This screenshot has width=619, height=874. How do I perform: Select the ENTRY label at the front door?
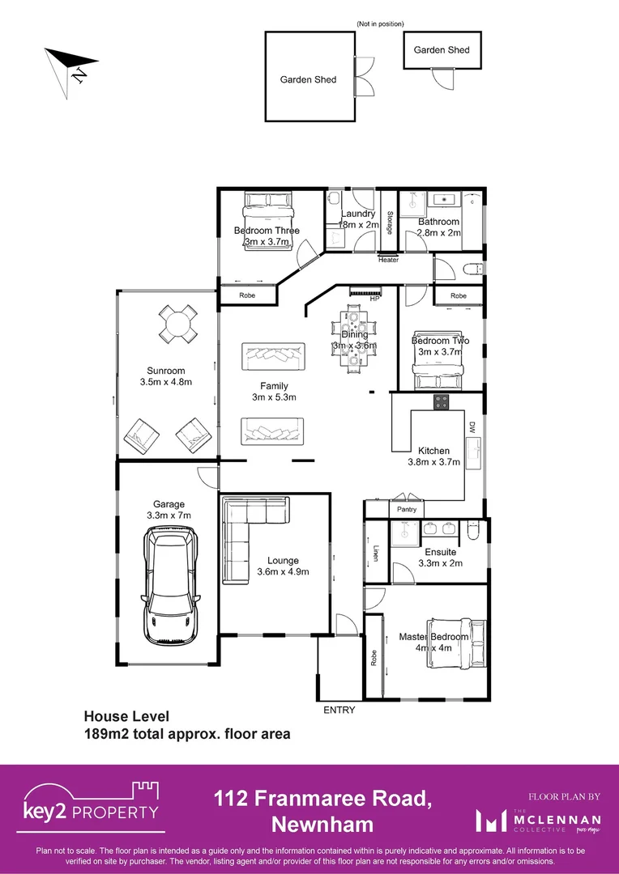(x=339, y=710)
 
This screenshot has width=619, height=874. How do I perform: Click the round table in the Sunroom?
(x=177, y=324)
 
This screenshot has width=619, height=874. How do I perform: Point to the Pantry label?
(x=406, y=510)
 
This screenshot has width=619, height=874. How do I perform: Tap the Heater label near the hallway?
(x=388, y=260)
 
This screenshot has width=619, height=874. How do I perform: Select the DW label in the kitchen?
(x=472, y=426)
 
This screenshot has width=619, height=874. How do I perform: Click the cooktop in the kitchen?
(x=443, y=401)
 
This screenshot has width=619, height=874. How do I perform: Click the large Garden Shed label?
(x=308, y=79)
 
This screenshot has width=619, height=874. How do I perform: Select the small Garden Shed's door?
(x=444, y=78)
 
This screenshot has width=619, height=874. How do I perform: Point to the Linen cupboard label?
(x=376, y=552)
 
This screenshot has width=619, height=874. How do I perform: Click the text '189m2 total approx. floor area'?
(x=187, y=735)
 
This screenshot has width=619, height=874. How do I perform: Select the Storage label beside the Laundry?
(x=389, y=223)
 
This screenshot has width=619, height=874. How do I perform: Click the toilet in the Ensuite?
(x=475, y=529)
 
